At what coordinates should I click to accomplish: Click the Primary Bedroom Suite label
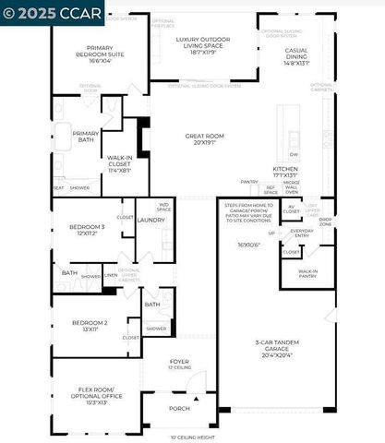(101, 52)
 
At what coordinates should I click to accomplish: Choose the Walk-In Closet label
(119, 163)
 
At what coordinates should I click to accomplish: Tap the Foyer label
(178, 364)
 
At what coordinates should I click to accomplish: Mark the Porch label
(178, 408)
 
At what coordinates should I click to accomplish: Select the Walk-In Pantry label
(307, 274)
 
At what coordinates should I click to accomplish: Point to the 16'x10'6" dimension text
(248, 245)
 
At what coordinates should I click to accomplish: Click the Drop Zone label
(326, 222)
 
